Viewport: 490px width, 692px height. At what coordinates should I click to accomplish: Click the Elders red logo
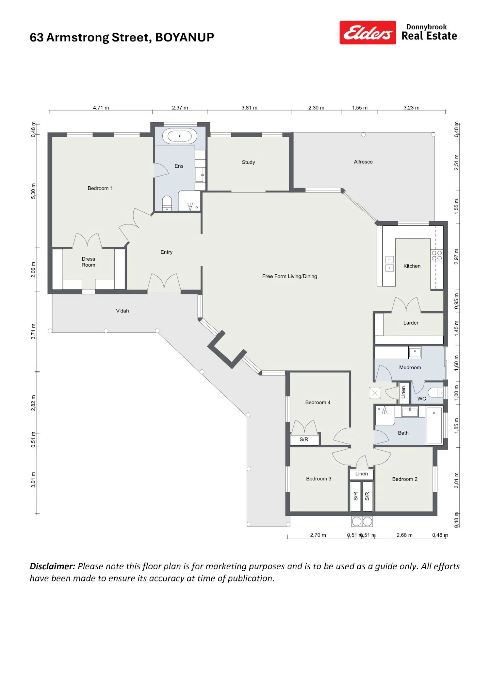click(367, 33)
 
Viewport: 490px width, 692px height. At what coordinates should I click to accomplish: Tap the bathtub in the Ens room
click(180, 136)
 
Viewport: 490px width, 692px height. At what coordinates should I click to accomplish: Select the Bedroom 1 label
click(100, 188)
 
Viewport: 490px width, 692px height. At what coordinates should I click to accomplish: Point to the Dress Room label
click(89, 262)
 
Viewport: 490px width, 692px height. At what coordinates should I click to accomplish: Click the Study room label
click(248, 162)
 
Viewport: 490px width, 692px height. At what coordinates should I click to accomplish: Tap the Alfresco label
click(363, 162)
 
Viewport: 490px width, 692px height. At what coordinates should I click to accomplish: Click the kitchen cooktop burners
click(437, 255)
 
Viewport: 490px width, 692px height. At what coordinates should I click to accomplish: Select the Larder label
click(411, 323)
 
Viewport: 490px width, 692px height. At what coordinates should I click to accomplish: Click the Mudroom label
click(410, 367)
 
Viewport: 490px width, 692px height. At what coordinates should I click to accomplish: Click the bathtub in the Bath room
click(434, 425)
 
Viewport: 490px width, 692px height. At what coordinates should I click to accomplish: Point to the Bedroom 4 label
click(318, 402)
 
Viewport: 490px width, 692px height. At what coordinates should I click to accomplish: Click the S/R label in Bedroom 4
click(304, 439)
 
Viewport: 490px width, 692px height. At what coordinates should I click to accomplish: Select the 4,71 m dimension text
click(101, 108)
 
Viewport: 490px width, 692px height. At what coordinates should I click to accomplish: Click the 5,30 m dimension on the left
click(33, 191)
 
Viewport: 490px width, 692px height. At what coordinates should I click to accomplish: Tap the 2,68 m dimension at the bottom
click(404, 535)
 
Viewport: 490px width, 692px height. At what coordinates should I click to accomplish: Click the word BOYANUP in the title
click(185, 37)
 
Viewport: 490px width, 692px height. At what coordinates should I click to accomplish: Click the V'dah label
click(122, 311)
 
